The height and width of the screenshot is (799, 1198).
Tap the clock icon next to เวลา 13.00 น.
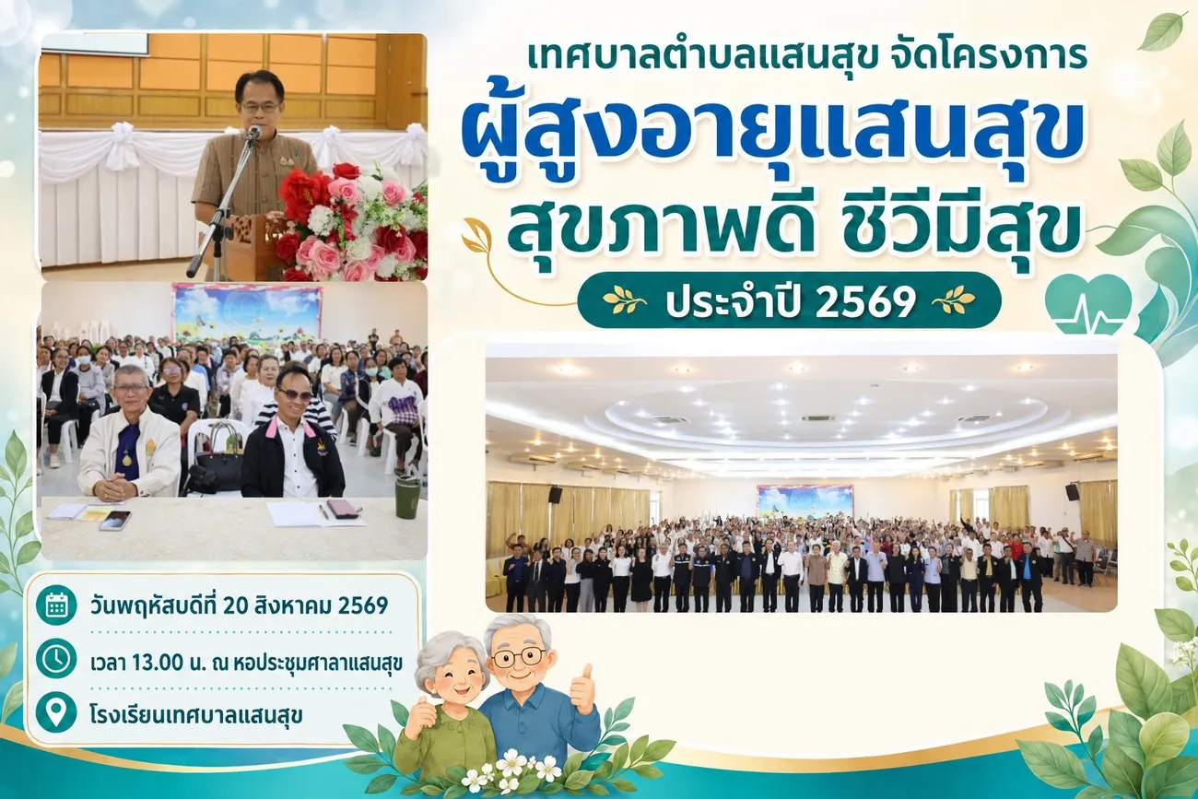[56, 659]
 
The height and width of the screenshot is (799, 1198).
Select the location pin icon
[56, 711]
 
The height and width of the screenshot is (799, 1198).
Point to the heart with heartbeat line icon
[1088, 305]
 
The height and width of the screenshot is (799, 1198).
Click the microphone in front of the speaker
[253, 132]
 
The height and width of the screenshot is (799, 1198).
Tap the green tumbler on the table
[407, 497]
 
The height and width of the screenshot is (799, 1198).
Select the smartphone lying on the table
[115, 521]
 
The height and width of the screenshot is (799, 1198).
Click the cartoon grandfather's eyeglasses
[519, 658]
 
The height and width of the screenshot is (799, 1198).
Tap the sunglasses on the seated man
[295, 395]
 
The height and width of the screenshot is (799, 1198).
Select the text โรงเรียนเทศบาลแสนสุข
[197, 714]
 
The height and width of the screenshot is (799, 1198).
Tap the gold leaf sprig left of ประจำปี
[624, 301]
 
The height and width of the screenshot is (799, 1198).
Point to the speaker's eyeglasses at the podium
[261, 108]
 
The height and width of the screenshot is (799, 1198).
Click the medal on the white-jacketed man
[126, 460]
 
